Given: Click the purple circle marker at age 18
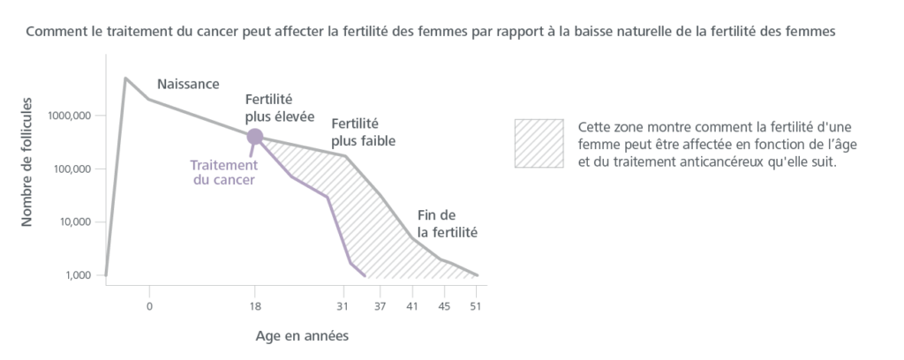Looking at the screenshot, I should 254,136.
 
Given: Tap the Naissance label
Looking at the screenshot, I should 188,84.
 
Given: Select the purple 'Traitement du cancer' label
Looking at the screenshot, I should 224,172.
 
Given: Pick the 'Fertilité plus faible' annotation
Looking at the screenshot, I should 362,132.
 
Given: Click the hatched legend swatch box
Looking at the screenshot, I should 539,143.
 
